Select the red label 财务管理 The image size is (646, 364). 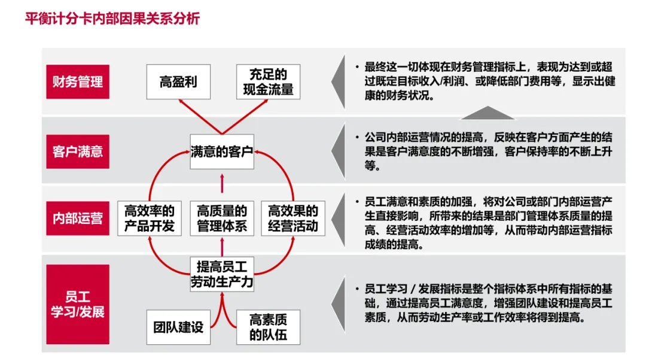point(78,82)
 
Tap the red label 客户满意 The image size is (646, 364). point(78,151)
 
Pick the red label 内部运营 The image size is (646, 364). point(78,219)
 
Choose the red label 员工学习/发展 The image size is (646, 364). point(78,304)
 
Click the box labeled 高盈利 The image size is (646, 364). point(178,82)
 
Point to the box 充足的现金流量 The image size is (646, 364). point(268,82)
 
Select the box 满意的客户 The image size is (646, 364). point(223,150)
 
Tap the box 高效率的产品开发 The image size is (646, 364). point(150,219)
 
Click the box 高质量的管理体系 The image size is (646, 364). point(223,219)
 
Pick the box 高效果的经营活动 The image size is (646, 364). point(293,219)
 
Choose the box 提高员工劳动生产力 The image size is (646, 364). point(223,274)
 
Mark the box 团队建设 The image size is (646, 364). point(178,327)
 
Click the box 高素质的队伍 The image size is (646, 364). point(268,327)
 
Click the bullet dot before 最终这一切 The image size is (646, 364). point(356,67)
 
